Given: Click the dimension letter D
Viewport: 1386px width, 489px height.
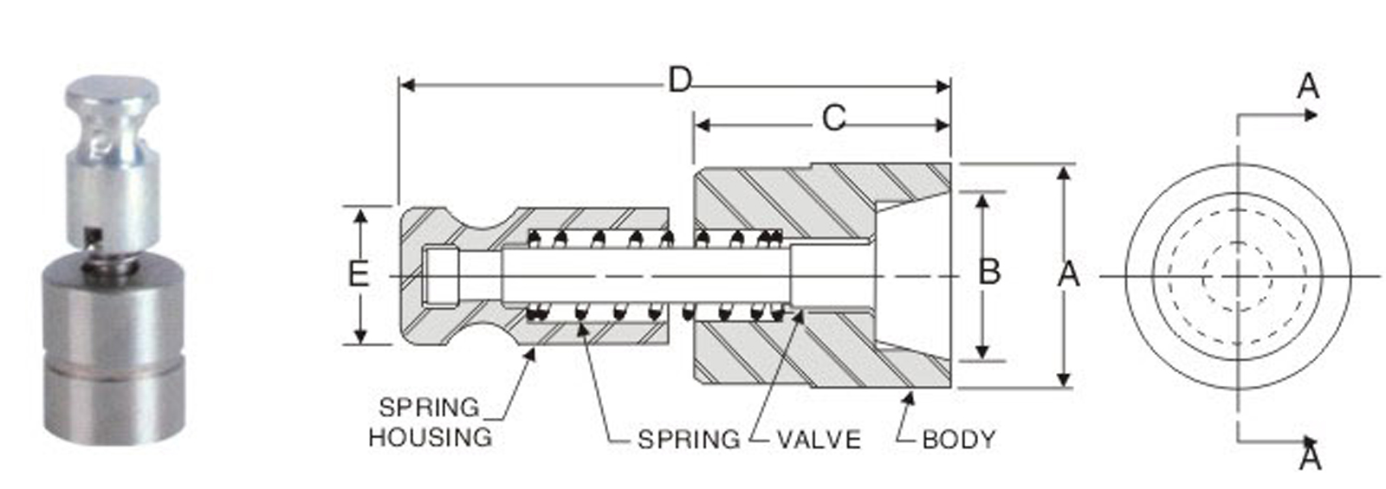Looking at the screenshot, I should [x=680, y=80].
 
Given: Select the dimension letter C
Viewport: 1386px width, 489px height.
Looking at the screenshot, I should [x=832, y=118].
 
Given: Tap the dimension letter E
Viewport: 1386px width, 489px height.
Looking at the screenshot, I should [x=357, y=274].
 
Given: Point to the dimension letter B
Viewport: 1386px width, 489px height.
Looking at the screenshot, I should [x=988, y=272].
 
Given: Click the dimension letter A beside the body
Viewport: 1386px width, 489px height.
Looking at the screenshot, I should [x=1069, y=274].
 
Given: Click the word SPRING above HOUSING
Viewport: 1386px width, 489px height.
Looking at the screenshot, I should [x=429, y=407].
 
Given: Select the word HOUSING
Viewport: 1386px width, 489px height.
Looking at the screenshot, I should [x=430, y=437].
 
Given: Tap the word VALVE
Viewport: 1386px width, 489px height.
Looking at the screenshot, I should [x=819, y=440].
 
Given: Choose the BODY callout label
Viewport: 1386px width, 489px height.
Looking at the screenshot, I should [x=958, y=440].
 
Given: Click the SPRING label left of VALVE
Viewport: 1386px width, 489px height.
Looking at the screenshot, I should [x=689, y=440].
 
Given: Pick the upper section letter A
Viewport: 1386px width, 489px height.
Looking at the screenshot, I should [x=1308, y=87].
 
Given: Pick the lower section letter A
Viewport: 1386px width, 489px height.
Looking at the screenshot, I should [x=1310, y=456].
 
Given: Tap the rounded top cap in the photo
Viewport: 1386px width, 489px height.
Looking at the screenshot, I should [x=113, y=90].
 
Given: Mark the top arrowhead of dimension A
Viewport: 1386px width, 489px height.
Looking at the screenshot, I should [x=1065, y=173].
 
